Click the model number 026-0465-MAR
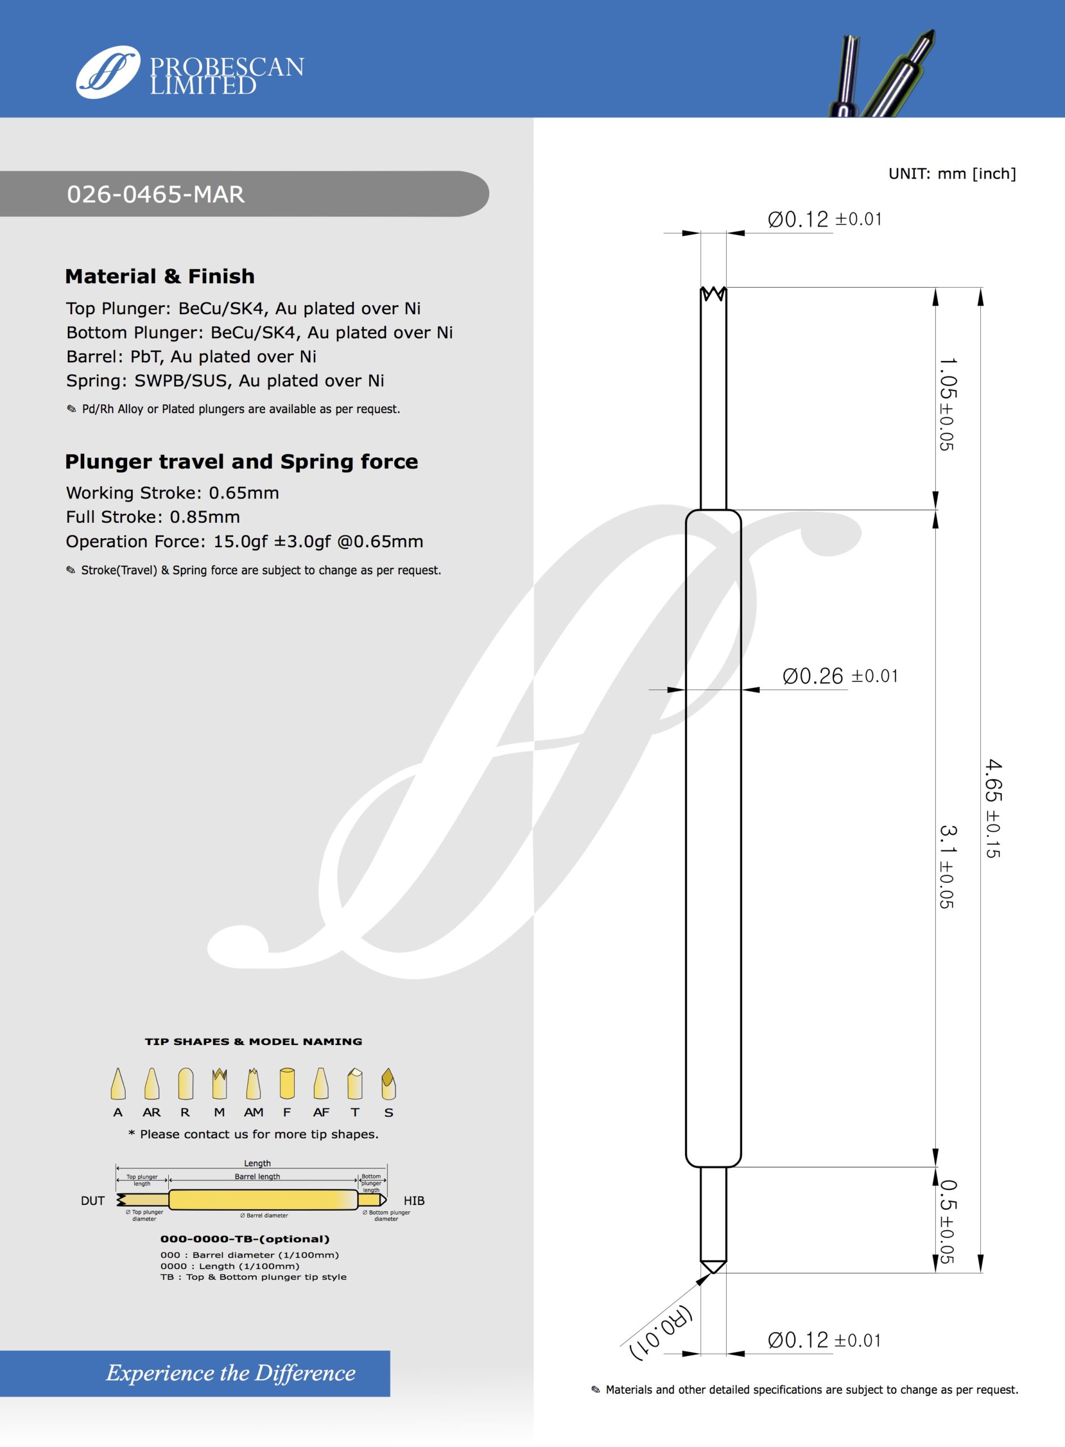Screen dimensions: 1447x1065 [x=156, y=194]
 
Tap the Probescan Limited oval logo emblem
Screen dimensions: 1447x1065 [x=108, y=72]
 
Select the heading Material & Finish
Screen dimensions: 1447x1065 [x=160, y=276]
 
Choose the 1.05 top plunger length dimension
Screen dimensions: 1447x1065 [x=947, y=404]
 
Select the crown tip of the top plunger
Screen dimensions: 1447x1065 [x=713, y=294]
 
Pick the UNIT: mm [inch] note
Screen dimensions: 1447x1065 [x=951, y=174]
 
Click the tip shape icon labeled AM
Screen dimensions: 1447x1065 [x=254, y=1085]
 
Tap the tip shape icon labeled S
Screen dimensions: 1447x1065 [x=388, y=1085]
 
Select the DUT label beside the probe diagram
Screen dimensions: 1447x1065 [x=93, y=1201]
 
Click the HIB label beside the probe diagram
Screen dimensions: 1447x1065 [x=414, y=1201]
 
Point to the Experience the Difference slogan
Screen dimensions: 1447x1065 [x=231, y=1373]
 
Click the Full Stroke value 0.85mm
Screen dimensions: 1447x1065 [x=204, y=517]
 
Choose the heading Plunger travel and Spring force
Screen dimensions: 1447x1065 [x=241, y=462]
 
